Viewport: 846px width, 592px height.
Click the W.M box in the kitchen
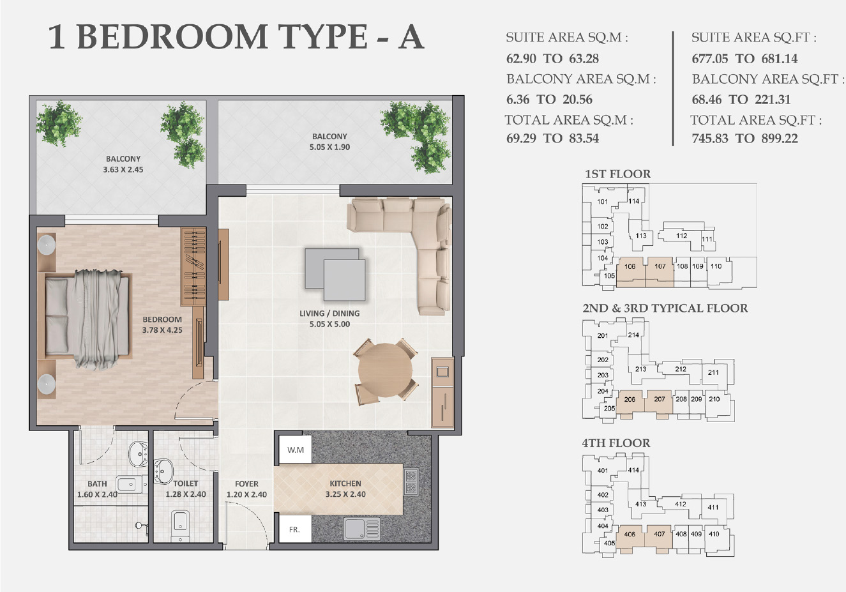click(295, 450)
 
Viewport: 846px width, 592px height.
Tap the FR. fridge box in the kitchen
click(294, 529)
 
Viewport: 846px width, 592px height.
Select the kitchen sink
click(361, 528)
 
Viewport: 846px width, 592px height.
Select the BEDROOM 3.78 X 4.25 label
click(162, 324)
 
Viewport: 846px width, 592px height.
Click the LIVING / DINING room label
click(329, 318)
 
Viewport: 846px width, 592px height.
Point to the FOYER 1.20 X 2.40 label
click(246, 489)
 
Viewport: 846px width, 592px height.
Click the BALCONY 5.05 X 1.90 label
click(329, 141)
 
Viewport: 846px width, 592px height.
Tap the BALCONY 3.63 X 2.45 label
click(123, 164)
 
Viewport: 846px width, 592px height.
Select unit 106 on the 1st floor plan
click(630, 267)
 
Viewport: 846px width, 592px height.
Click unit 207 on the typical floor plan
click(660, 400)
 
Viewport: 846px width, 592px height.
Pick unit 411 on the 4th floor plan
click(713, 508)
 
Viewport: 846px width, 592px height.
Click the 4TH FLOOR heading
click(616, 443)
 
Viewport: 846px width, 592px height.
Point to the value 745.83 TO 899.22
click(744, 139)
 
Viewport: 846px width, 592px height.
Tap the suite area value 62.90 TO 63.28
click(552, 59)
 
